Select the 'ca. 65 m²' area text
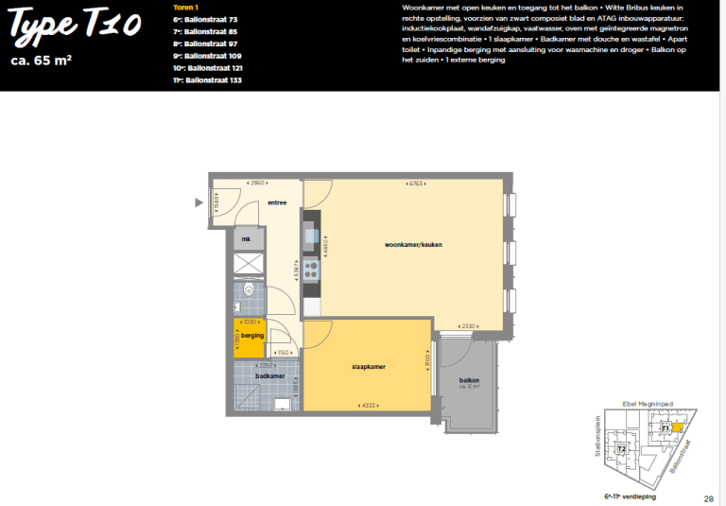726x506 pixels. tap(43, 62)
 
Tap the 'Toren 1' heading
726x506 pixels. tap(185, 8)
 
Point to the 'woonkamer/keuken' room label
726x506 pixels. tap(413, 245)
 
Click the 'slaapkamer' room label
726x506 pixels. tap(368, 367)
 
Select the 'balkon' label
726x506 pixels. tap(469, 380)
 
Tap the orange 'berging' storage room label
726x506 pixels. tap(251, 336)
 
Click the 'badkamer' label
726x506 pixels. tap(269, 375)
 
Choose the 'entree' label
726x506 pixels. tap(277, 202)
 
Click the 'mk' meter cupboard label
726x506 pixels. tap(247, 239)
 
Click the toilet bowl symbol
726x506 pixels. tap(249, 290)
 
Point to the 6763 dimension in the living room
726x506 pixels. tap(414, 183)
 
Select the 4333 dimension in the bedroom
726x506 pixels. tap(369, 406)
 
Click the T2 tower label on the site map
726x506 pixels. tap(621, 448)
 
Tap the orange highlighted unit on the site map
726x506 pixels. tap(677, 427)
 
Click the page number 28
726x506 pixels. tap(708, 497)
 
